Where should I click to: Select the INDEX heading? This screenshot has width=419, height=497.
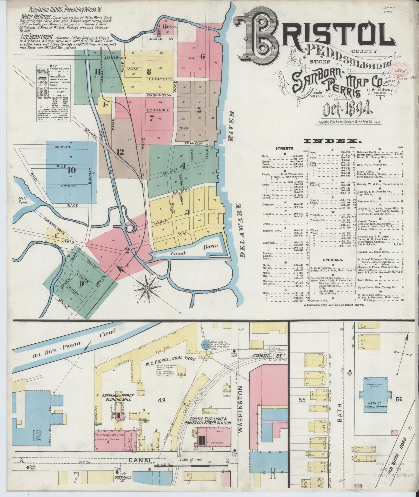click(x=333, y=141)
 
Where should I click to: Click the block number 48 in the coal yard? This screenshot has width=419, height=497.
click(x=163, y=400)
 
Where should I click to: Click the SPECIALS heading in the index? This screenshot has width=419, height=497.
click(x=333, y=260)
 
